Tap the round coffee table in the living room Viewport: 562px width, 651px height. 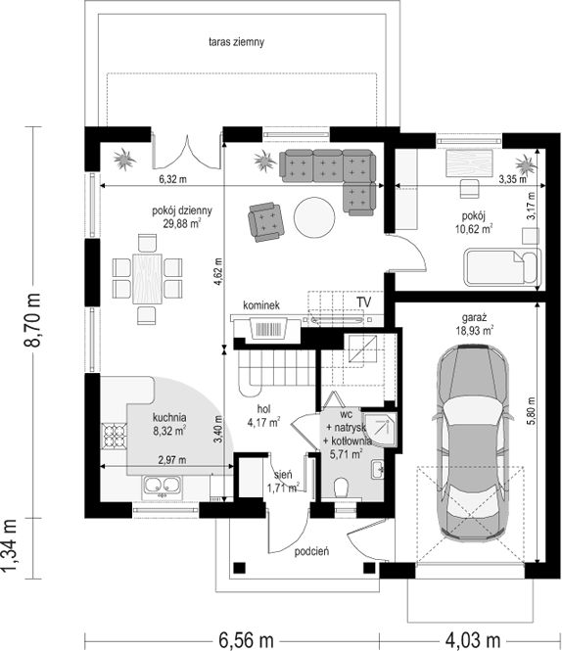click(x=314, y=217)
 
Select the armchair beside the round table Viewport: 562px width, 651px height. click(x=266, y=221)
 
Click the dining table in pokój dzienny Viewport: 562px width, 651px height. click(x=148, y=279)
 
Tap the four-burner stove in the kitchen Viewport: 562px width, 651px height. click(x=114, y=436)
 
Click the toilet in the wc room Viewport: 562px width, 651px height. click(x=342, y=487)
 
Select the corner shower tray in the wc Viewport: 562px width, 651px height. click(x=379, y=430)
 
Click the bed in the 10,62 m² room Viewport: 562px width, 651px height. click(x=502, y=267)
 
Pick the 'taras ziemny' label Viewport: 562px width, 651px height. click(x=236, y=42)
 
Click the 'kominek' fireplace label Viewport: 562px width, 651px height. click(x=261, y=305)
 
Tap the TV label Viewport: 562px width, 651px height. click(x=363, y=302)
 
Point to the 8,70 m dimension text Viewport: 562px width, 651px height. click(x=32, y=320)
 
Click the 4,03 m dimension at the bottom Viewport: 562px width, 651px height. click(x=473, y=640)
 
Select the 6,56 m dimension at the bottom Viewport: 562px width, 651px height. click(x=246, y=640)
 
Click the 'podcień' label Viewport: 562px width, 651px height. click(x=311, y=552)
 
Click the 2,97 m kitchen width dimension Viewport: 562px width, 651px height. click(x=172, y=460)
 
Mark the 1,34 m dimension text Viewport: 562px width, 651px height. click(x=9, y=545)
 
